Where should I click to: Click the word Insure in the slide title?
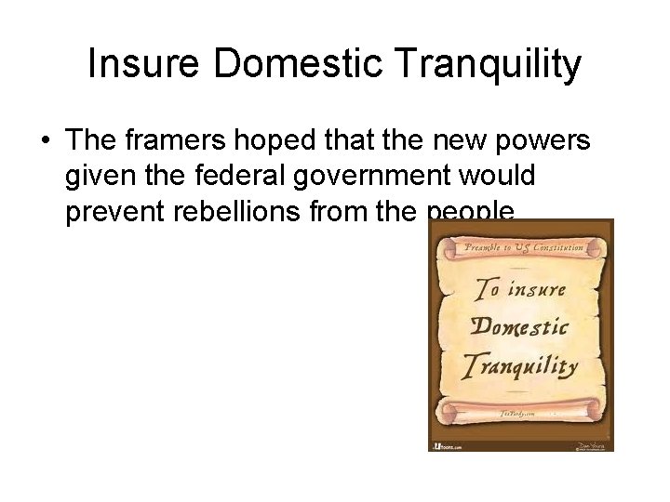click(146, 66)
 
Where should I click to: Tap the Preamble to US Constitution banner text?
click(525, 247)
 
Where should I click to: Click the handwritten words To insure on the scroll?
click(521, 290)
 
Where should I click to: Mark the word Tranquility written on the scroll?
click(521, 365)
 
